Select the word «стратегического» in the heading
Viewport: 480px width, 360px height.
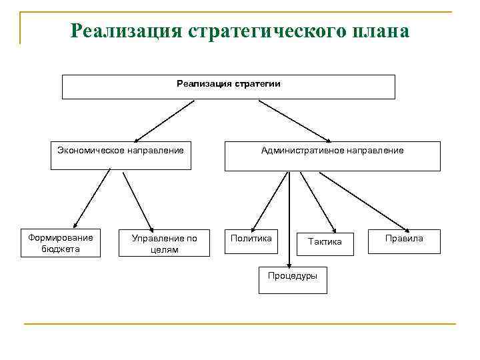coord(265,31)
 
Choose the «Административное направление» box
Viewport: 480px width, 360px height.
coord(332,155)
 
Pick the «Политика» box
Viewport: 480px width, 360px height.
coord(251,243)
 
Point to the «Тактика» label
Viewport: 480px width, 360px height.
coord(325,242)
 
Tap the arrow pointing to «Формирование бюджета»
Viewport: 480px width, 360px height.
coord(91,198)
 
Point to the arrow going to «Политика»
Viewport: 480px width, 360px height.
coord(266,199)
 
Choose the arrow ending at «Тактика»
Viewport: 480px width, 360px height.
coord(319,200)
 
